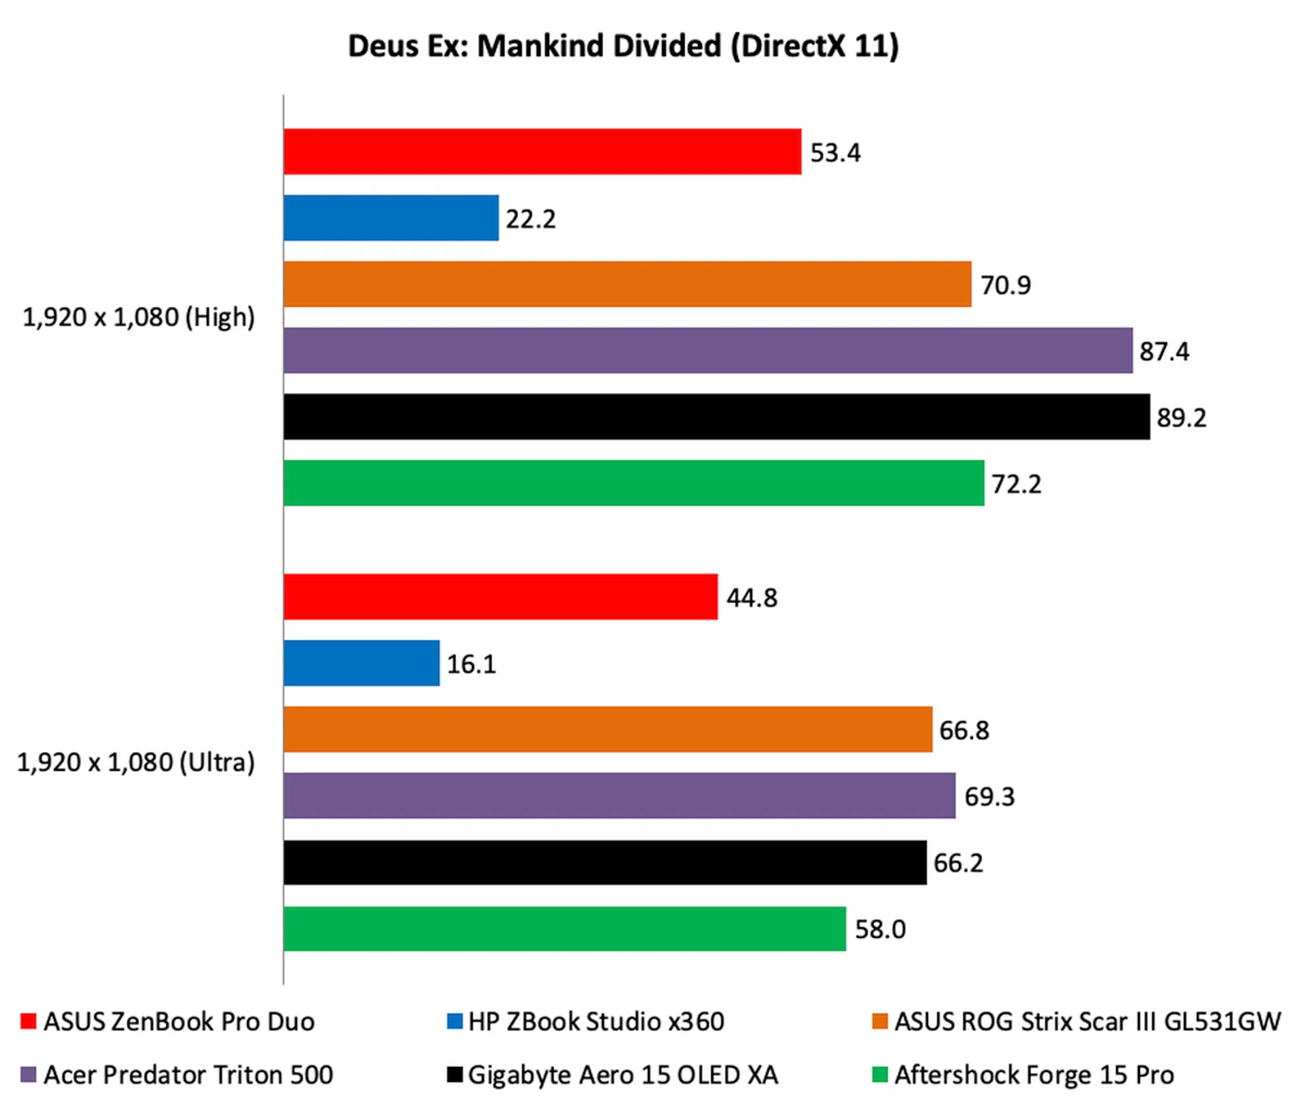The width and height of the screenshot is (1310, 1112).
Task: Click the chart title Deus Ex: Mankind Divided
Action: pos(623,46)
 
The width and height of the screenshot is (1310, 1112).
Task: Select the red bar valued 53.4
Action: pos(542,151)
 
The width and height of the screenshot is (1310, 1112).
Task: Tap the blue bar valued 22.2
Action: pos(391,218)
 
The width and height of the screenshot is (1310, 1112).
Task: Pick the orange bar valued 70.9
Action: pos(627,284)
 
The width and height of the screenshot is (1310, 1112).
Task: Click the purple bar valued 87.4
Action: pos(708,350)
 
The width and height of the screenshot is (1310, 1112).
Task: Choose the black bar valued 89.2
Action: pos(716,416)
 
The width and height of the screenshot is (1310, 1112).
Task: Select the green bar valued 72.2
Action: pos(634,483)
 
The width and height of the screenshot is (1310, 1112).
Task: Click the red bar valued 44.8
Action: pos(500,596)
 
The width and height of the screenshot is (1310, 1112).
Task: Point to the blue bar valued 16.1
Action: pos(362,662)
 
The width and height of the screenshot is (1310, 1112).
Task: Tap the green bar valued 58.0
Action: pos(564,928)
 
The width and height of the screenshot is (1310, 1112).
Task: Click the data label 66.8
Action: pos(963,730)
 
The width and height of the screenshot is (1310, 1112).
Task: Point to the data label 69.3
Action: pos(989,796)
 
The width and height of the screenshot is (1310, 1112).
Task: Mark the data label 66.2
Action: pos(958,863)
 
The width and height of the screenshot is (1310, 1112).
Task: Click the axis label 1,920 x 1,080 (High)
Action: pos(139,317)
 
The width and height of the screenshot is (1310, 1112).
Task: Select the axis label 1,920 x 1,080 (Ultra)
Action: pos(135,762)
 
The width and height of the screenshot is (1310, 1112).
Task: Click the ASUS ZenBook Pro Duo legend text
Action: pos(179,1021)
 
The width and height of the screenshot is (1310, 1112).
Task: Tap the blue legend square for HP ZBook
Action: pos(454,1021)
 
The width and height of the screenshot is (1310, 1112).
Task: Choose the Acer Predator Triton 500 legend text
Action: pos(188,1074)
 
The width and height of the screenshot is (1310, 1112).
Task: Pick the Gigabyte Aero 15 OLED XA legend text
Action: pos(622,1074)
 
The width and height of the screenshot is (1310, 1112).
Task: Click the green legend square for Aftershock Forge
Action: pos(880,1074)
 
